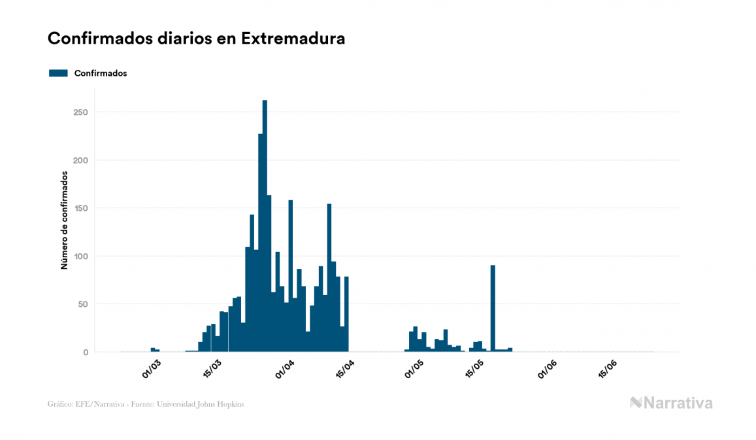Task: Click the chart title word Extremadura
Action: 293,39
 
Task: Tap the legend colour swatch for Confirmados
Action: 58,73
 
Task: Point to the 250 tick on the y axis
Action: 81,112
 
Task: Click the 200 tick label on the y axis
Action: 81,161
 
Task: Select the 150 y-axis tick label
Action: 81,208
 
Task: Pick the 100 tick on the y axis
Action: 81,257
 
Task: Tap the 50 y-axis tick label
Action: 83,304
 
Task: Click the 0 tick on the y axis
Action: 85,353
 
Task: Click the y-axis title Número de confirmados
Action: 65,220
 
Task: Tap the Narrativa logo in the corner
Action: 671,403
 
